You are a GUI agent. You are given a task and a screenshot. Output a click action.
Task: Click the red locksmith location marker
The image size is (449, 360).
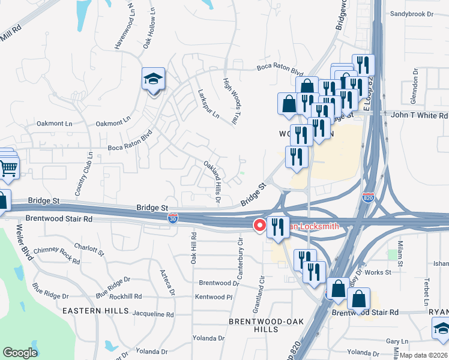click(x=260, y=226)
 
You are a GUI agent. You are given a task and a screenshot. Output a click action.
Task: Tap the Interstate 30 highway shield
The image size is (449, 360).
click(x=173, y=220)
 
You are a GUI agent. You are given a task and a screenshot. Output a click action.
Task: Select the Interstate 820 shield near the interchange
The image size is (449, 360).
click(x=369, y=197)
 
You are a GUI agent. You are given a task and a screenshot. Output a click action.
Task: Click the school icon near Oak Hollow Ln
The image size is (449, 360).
click(x=153, y=79)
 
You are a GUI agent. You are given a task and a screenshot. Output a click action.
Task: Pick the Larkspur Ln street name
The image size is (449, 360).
click(x=208, y=104)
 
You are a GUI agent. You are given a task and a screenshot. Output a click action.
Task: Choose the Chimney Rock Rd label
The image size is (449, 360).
click(x=60, y=259)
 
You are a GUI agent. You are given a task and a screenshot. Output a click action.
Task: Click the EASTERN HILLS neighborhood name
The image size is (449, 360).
click(x=95, y=311)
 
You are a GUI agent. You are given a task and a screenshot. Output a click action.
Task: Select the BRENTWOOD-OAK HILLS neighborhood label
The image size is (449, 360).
click(x=253, y=325)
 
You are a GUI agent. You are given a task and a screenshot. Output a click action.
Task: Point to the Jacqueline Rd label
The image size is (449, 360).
click(x=152, y=314)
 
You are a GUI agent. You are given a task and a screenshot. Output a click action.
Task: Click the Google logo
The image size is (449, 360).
click(x=20, y=353)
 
